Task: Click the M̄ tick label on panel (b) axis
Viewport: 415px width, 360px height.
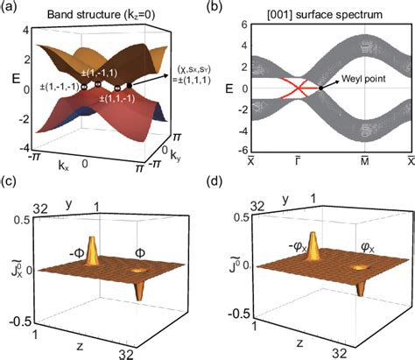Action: tap(363, 166)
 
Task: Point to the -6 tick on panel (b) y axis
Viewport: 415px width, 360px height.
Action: tap(243, 153)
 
